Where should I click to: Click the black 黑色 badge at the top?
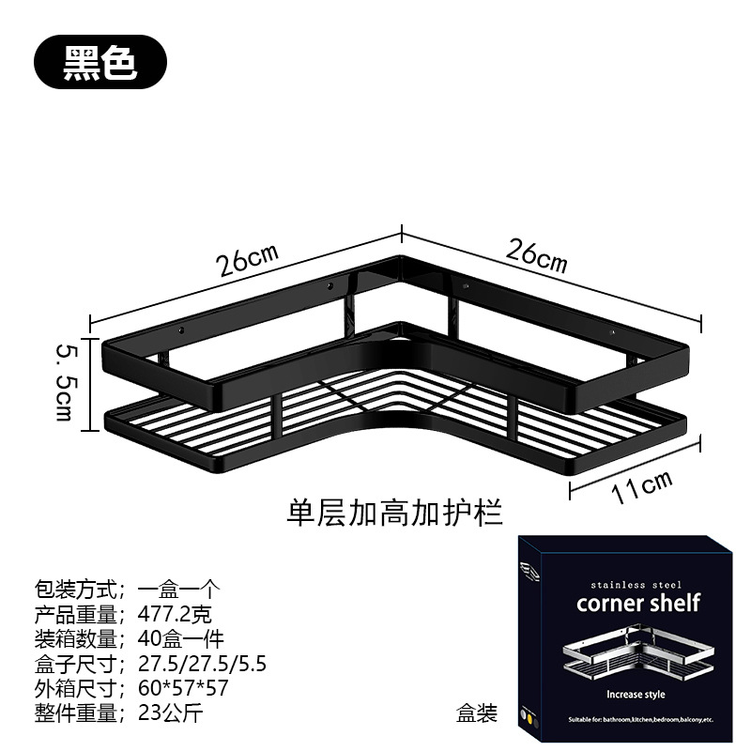coord(100,62)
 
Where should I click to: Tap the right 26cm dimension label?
coord(537,254)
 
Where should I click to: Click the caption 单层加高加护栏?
coord(395,513)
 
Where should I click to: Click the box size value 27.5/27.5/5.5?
coord(202,664)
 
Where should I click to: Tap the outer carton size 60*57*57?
coord(183,688)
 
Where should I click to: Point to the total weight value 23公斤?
coord(170,713)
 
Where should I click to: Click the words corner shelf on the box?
coord(638,603)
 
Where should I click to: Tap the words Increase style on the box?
coord(636,695)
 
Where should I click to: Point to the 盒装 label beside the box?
coord(476,713)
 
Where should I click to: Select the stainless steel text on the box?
coord(637,584)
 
